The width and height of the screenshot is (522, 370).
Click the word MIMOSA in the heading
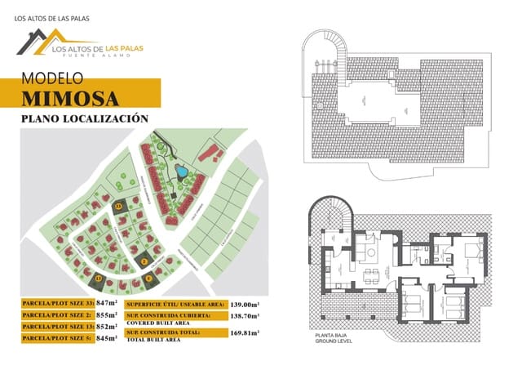pos(71,98)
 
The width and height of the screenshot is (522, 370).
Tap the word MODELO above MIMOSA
pos(53,79)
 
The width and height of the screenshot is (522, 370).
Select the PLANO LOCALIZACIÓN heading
pos(84,119)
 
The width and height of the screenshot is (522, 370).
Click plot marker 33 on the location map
pos(119,207)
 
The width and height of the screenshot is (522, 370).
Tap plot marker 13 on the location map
pos(98,279)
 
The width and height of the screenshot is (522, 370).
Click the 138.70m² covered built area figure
pos(247,314)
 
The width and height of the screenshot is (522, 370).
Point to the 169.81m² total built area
pos(247,333)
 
